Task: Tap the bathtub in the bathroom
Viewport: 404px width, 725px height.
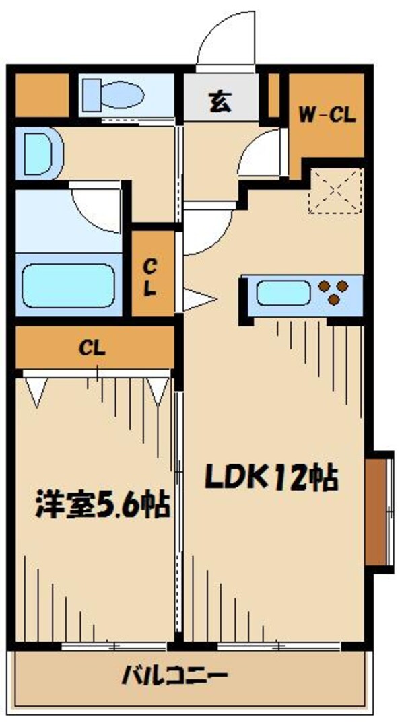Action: (x=69, y=285)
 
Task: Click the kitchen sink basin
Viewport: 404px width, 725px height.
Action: (x=283, y=293)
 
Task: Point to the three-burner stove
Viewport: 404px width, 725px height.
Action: (x=333, y=292)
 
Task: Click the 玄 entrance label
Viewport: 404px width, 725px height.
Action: (x=220, y=102)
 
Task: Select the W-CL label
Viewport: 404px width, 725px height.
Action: (x=327, y=115)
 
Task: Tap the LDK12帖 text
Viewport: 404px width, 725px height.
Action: (x=272, y=478)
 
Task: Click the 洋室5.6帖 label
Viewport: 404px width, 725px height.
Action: (x=102, y=505)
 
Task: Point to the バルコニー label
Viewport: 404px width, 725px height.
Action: (x=174, y=678)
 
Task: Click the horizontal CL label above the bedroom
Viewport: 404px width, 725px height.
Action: (x=92, y=349)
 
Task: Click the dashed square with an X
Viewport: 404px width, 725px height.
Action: (x=335, y=191)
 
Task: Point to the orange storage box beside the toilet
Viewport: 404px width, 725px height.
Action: (x=42, y=95)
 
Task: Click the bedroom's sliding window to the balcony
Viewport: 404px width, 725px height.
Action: (x=114, y=646)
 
